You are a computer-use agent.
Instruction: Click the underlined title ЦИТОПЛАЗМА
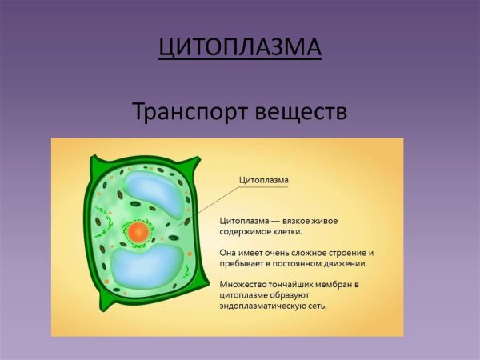tap(240, 47)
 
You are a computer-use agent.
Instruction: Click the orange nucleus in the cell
tap(138, 233)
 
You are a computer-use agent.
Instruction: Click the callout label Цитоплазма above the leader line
tap(264, 181)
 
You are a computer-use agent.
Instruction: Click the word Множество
tap(245, 285)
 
